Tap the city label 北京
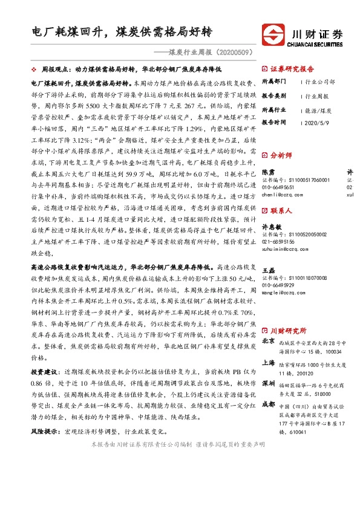[x=269, y=341]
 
